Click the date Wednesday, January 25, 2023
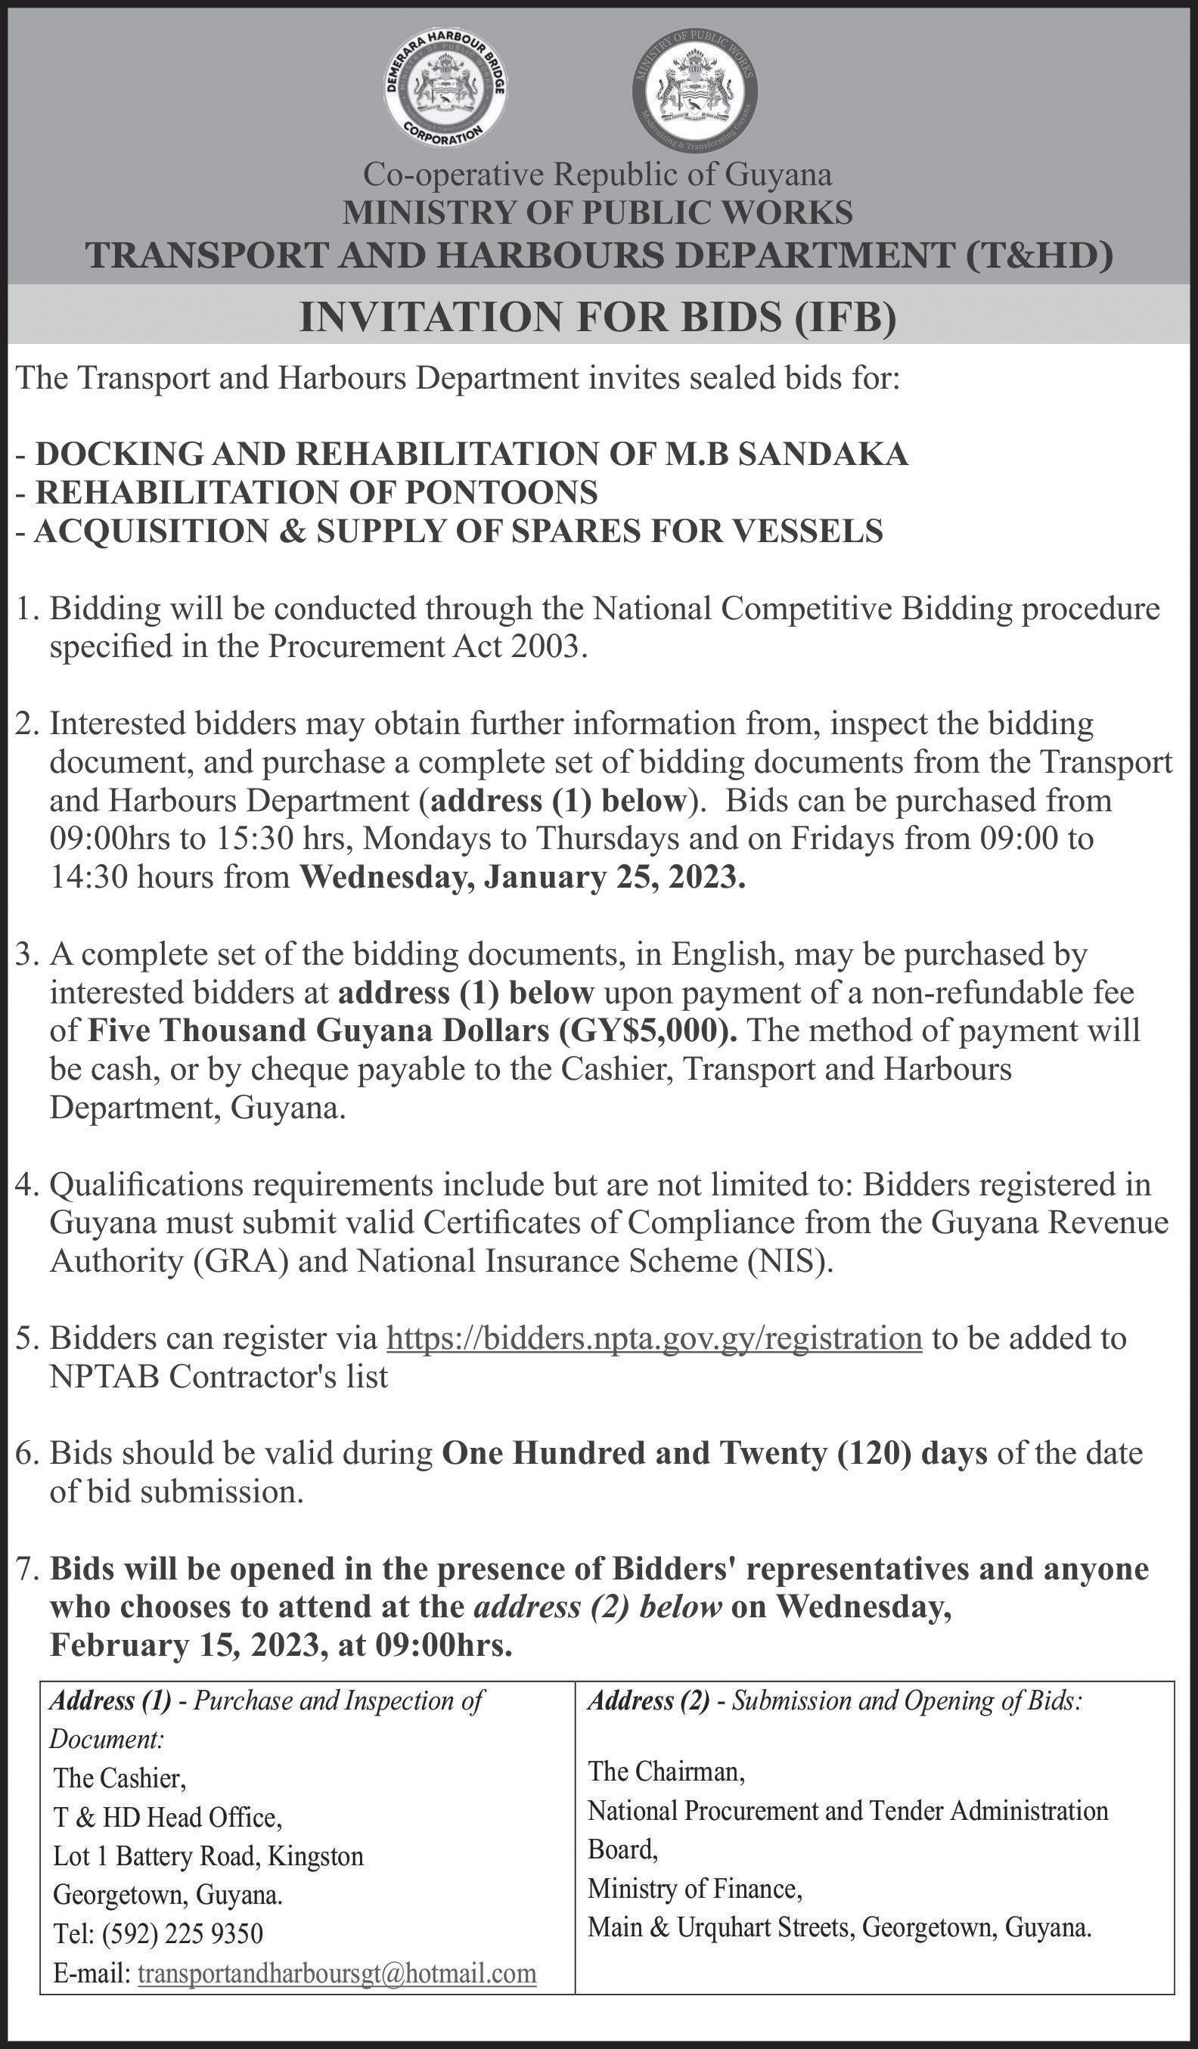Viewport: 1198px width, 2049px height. [522, 877]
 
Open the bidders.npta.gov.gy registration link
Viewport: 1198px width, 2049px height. [655, 1338]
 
